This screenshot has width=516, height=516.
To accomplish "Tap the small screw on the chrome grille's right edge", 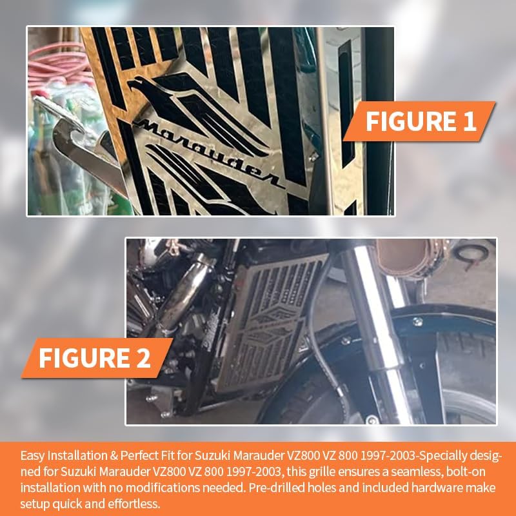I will (313, 155).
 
